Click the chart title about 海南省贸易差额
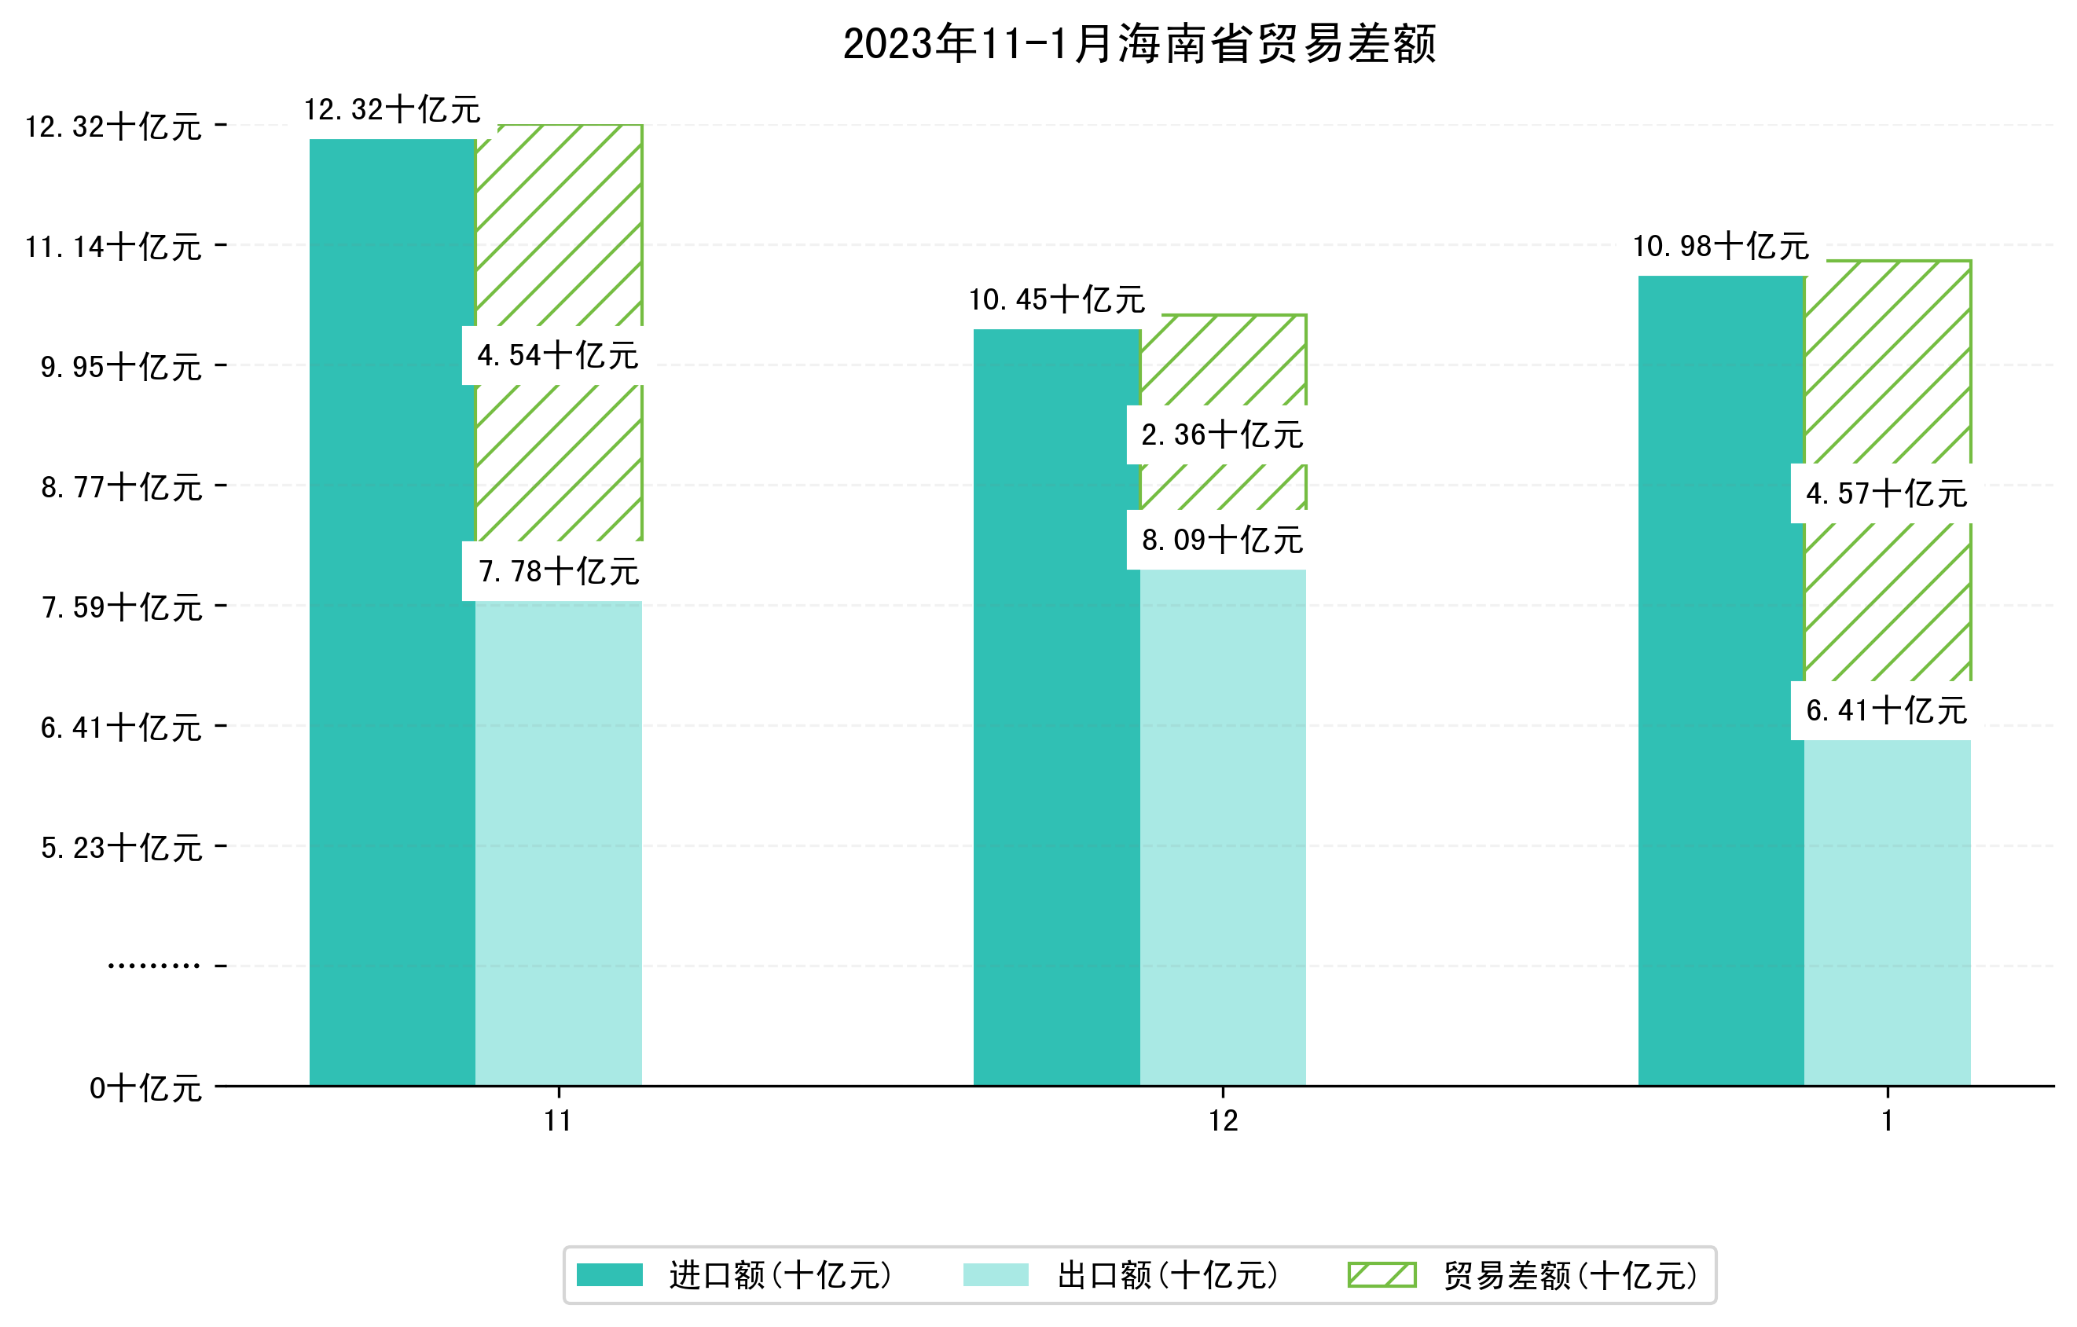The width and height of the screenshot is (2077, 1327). pyautogui.click(x=1139, y=43)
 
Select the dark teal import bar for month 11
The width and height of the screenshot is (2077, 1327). pyautogui.click(x=392, y=612)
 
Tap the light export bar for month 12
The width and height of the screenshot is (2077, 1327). pyautogui.click(x=1222, y=828)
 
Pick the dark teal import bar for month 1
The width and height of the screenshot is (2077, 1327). pyautogui.click(x=1721, y=681)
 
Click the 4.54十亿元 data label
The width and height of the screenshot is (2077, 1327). pyautogui.click(x=557, y=355)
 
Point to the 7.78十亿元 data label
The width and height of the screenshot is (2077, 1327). pyautogui.click(x=558, y=572)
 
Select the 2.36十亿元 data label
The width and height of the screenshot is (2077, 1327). pyautogui.click(x=1221, y=435)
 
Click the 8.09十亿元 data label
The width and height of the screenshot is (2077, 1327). pyautogui.click(x=1221, y=541)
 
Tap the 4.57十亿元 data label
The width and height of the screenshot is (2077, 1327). pyautogui.click(x=1886, y=494)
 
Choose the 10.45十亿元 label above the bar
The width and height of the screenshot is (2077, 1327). pyautogui.click(x=1057, y=300)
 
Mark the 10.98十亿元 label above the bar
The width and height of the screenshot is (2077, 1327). pyautogui.click(x=1721, y=247)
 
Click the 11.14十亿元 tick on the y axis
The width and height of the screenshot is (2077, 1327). pyautogui.click(x=113, y=247)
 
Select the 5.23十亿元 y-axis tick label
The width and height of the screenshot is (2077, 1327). pyautogui.click(x=121, y=849)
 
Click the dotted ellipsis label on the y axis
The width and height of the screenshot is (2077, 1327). pyautogui.click(x=153, y=966)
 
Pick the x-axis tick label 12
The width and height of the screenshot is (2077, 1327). pyautogui.click(x=1222, y=1121)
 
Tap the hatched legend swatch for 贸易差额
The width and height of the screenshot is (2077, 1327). pyautogui.click(x=1382, y=1274)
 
